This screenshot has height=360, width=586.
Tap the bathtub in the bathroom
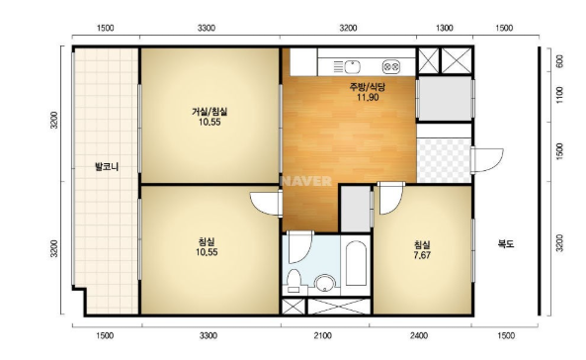click(356, 263)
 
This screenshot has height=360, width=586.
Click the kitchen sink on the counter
click(352, 67)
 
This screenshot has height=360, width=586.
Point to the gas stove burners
click(391, 67)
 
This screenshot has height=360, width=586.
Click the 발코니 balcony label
click(107, 167)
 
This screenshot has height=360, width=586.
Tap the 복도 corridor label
click(506, 244)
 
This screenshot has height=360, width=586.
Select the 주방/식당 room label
click(368, 88)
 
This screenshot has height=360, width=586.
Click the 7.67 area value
click(422, 255)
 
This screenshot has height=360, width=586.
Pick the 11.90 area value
click(368, 97)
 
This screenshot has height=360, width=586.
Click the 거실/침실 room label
click(209, 112)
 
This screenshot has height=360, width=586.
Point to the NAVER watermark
click(306, 181)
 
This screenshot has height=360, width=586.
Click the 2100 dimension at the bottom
click(322, 335)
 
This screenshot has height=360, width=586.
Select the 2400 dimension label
click(419, 335)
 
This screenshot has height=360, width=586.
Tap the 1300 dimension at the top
click(445, 28)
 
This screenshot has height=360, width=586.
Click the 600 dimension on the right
click(559, 61)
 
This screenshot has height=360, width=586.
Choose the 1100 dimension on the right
click(559, 95)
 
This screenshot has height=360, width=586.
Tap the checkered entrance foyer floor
click(444, 161)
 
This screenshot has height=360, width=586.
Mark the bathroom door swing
click(300, 247)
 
